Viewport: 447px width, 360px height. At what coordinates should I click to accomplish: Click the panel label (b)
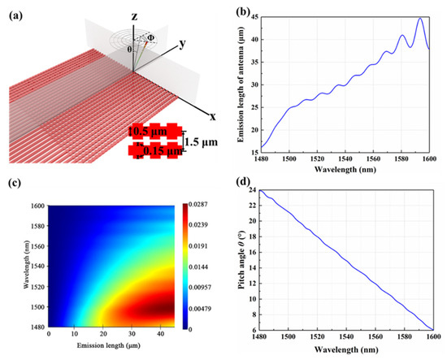pyautogui.click(x=242, y=13)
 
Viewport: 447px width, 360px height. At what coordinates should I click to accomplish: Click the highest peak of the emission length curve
pyautogui.click(x=420, y=19)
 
